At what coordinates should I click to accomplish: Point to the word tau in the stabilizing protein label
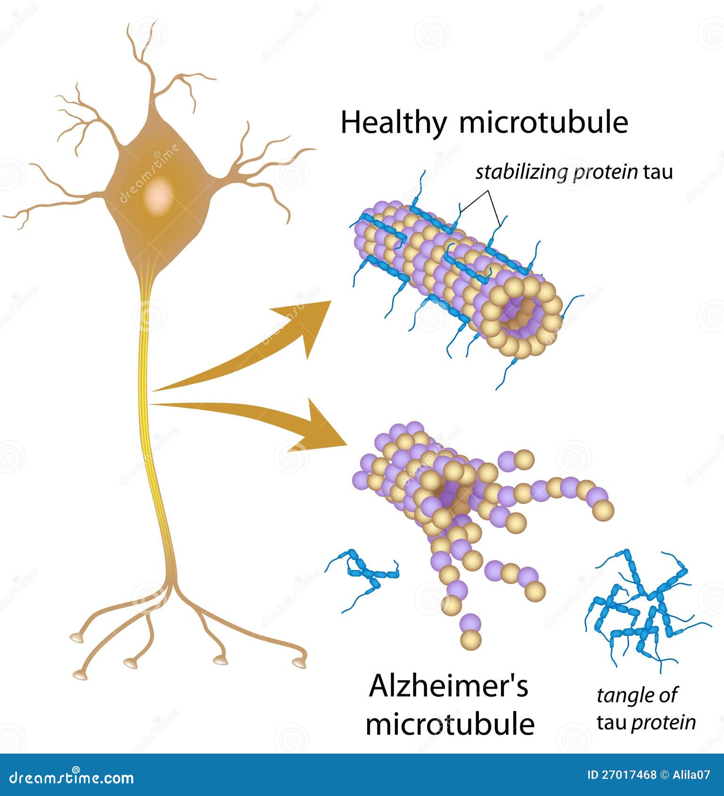pyautogui.click(x=658, y=173)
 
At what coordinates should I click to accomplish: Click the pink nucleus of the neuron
pyautogui.click(x=159, y=195)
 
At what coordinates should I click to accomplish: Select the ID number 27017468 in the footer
pyautogui.click(x=629, y=775)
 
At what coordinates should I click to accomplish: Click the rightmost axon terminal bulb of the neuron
pyautogui.click(x=299, y=662)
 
